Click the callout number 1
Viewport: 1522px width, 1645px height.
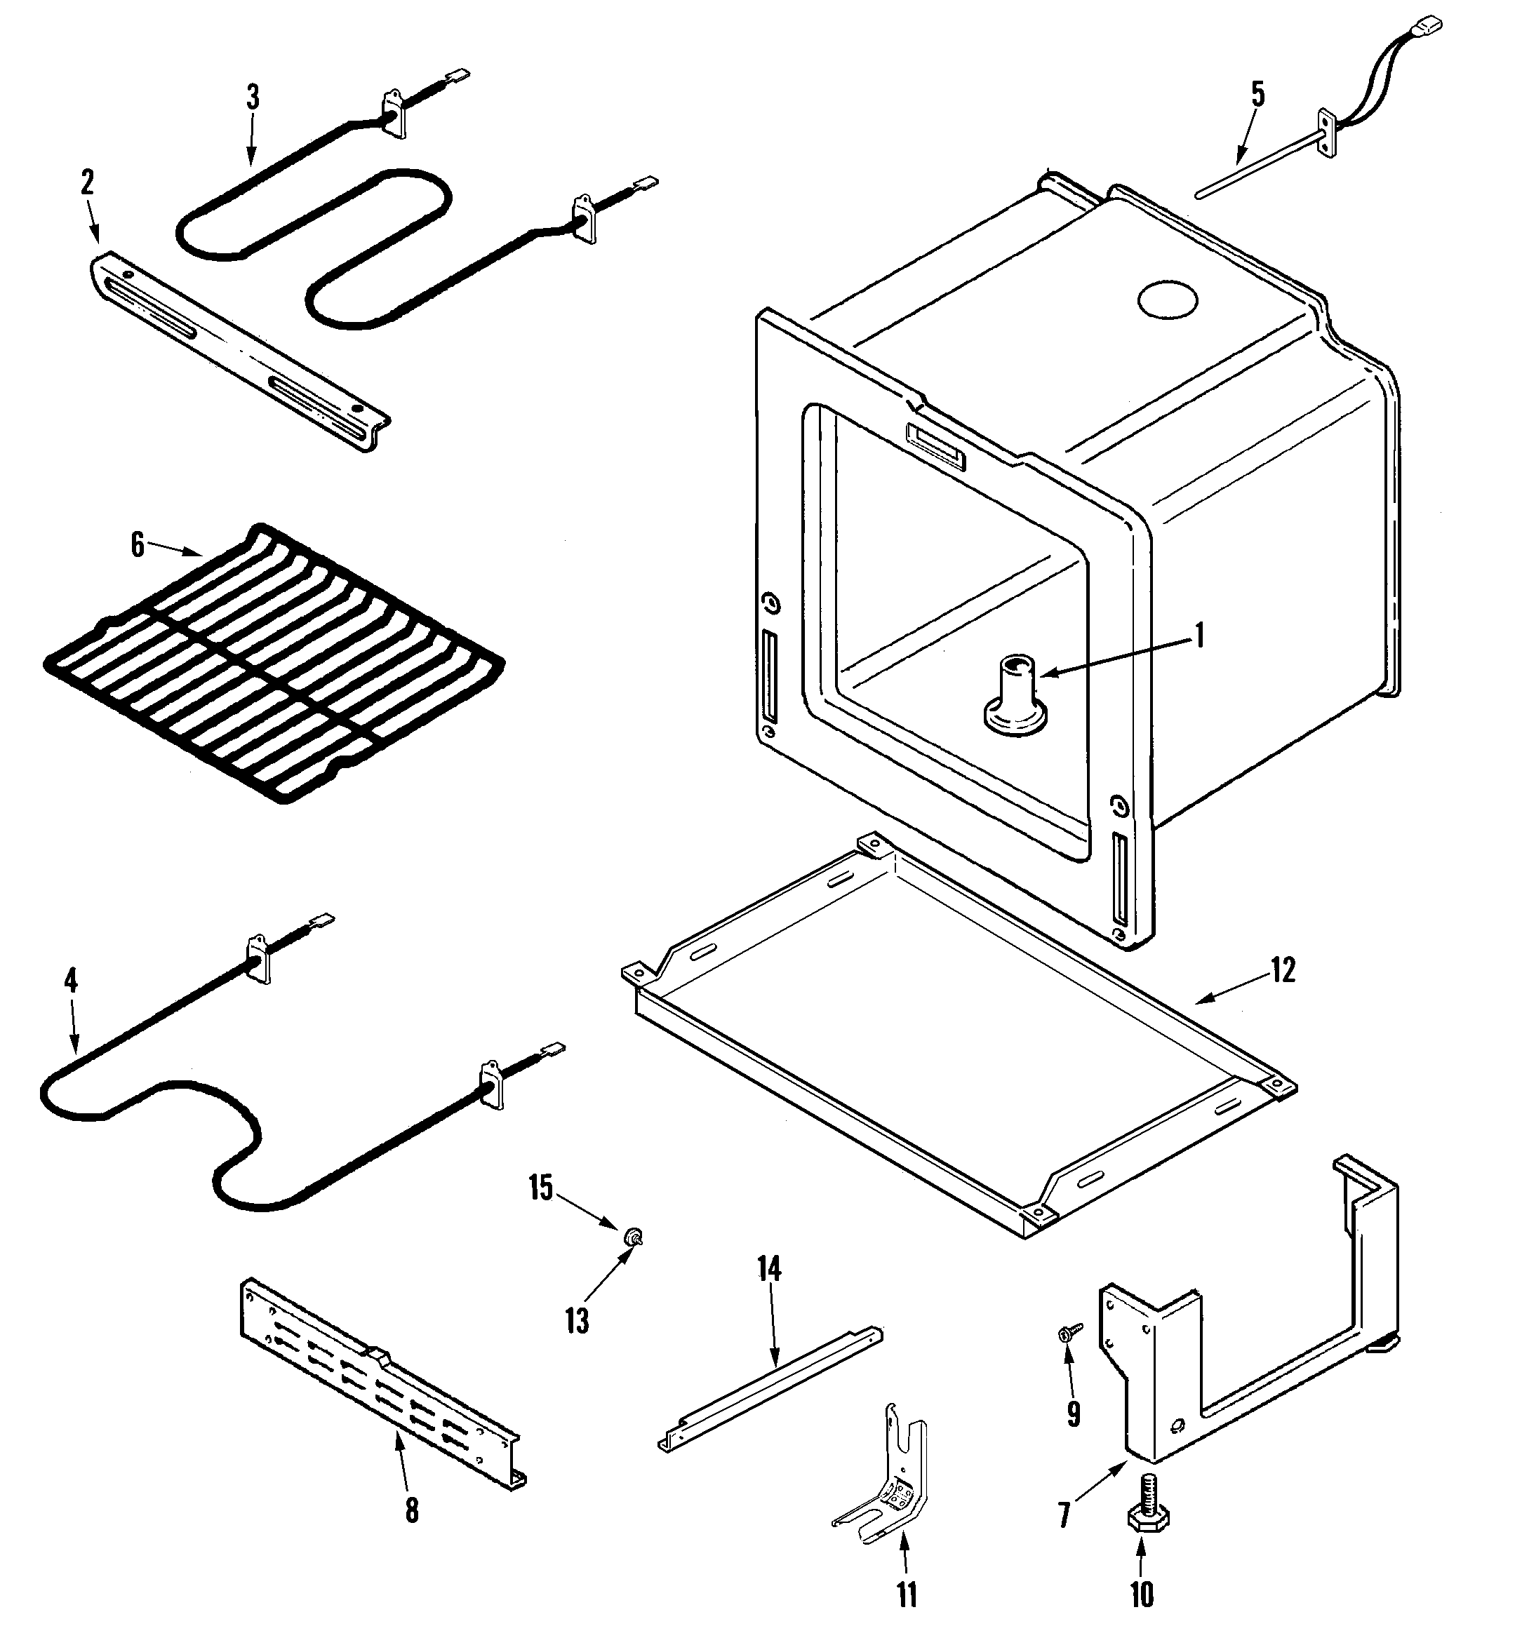(1199, 636)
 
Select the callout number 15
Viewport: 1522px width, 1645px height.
(541, 1188)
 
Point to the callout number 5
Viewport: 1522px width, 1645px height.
(1257, 95)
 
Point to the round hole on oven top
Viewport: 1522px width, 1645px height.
(1167, 300)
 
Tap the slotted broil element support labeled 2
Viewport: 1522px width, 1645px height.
(239, 351)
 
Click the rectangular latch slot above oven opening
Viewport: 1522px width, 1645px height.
(935, 445)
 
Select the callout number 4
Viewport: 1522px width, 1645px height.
(71, 981)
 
